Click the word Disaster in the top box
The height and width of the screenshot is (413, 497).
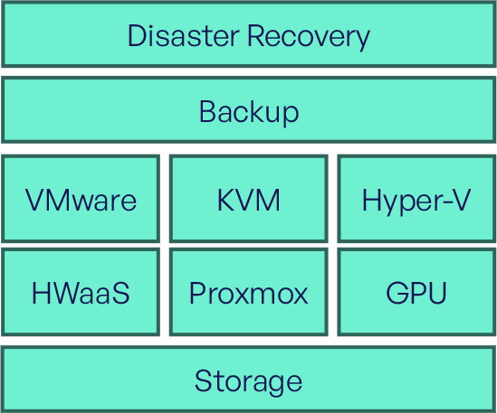pyautogui.click(x=183, y=36)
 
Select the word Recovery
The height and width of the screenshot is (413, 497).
pyautogui.click(x=309, y=37)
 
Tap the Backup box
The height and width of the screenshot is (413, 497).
pyautogui.click(x=248, y=109)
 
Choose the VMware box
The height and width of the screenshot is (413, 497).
pyautogui.click(x=81, y=199)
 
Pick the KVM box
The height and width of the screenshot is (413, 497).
pyautogui.click(x=248, y=199)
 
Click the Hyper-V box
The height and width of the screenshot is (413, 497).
pyautogui.click(x=416, y=199)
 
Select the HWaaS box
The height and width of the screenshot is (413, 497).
pyautogui.click(x=81, y=292)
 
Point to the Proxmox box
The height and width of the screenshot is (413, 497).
pyautogui.click(x=248, y=292)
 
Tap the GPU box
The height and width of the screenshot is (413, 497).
pyautogui.click(x=416, y=292)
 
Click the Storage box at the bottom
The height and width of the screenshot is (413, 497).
pyautogui.click(x=248, y=380)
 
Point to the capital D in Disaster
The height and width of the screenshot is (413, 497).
pyautogui.click(x=138, y=36)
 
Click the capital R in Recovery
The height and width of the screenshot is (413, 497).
pyautogui.click(x=256, y=36)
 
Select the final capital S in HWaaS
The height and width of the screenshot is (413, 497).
pyautogui.click(x=120, y=293)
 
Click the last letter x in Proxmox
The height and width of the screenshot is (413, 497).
pyautogui.click(x=299, y=296)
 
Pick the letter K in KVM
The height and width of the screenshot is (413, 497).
pyautogui.click(x=226, y=200)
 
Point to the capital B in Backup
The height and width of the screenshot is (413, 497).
pyautogui.click(x=208, y=111)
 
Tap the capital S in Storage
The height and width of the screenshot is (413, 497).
pyautogui.click(x=204, y=380)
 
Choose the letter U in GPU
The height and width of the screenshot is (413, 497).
pyautogui.click(x=436, y=293)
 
